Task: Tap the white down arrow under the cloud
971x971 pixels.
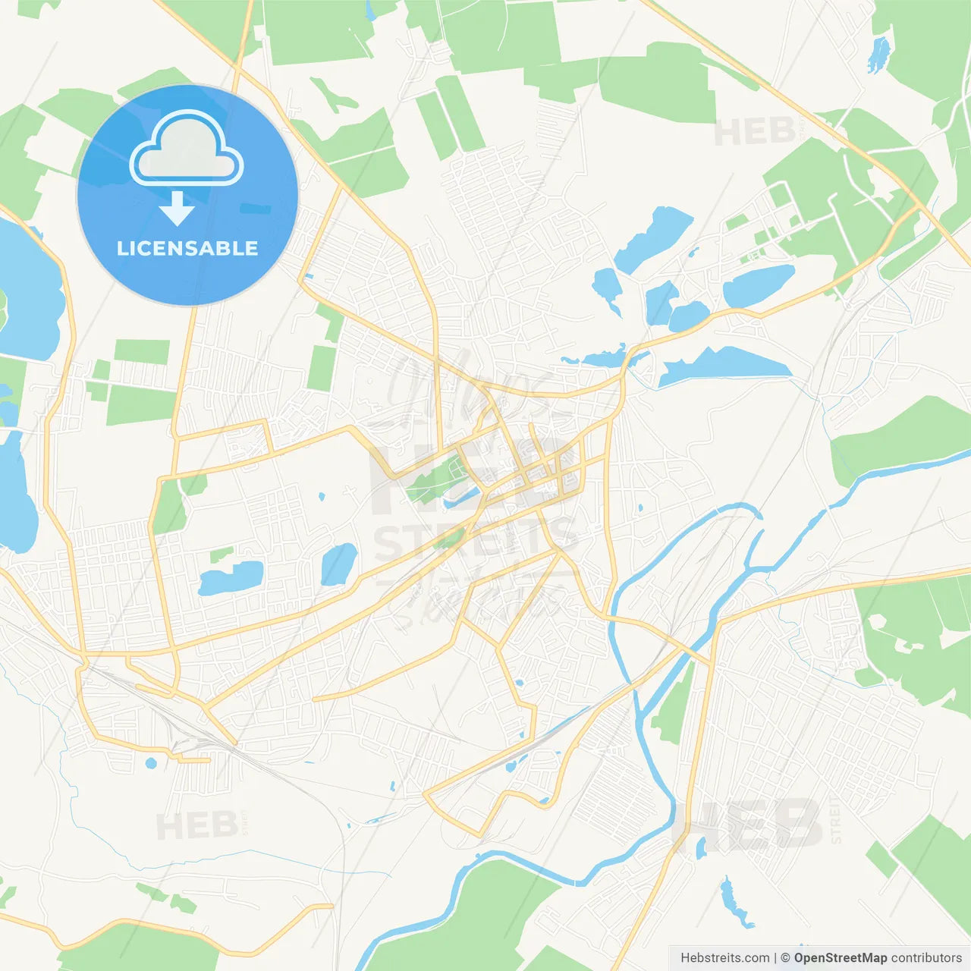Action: [x=178, y=209]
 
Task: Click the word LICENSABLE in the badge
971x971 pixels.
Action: [x=187, y=248]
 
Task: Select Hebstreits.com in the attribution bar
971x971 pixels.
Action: [x=724, y=958]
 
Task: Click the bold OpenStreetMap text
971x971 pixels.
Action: [x=840, y=958]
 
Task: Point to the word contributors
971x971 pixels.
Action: [x=926, y=958]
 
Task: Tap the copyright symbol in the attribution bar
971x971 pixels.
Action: [x=785, y=958]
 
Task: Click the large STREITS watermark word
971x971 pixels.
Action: [x=476, y=539]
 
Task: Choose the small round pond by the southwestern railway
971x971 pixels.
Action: [x=150, y=762]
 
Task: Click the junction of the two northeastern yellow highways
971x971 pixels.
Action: [x=919, y=205]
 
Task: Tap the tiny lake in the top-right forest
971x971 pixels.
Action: [x=878, y=54]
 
